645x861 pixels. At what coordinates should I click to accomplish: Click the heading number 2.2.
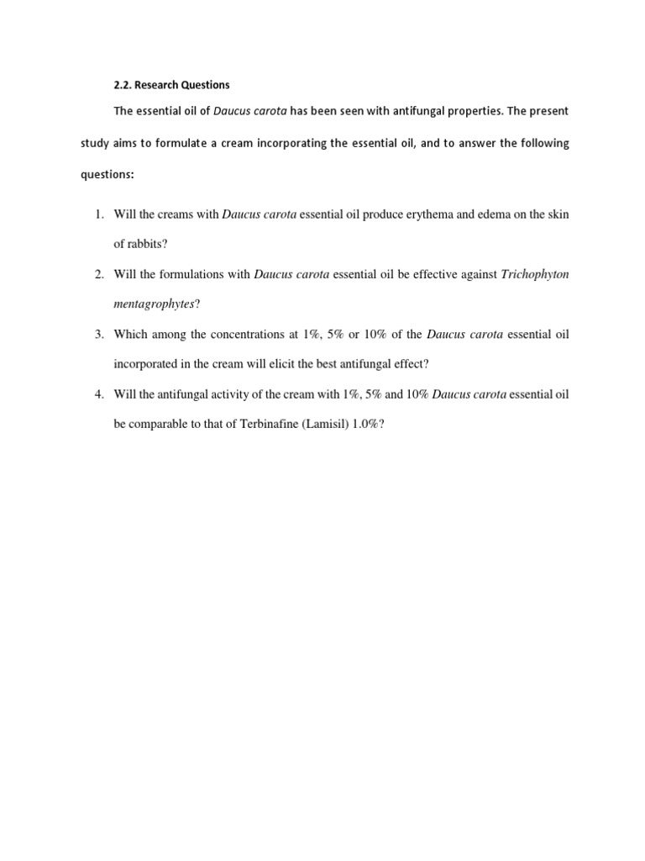[123, 85]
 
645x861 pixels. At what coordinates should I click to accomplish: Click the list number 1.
[99, 214]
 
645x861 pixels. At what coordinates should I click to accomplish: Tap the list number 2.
[99, 274]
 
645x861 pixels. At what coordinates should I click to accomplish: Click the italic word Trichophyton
[534, 274]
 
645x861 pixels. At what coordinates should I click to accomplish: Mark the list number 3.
[99, 334]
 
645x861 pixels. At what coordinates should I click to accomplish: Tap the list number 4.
[99, 394]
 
